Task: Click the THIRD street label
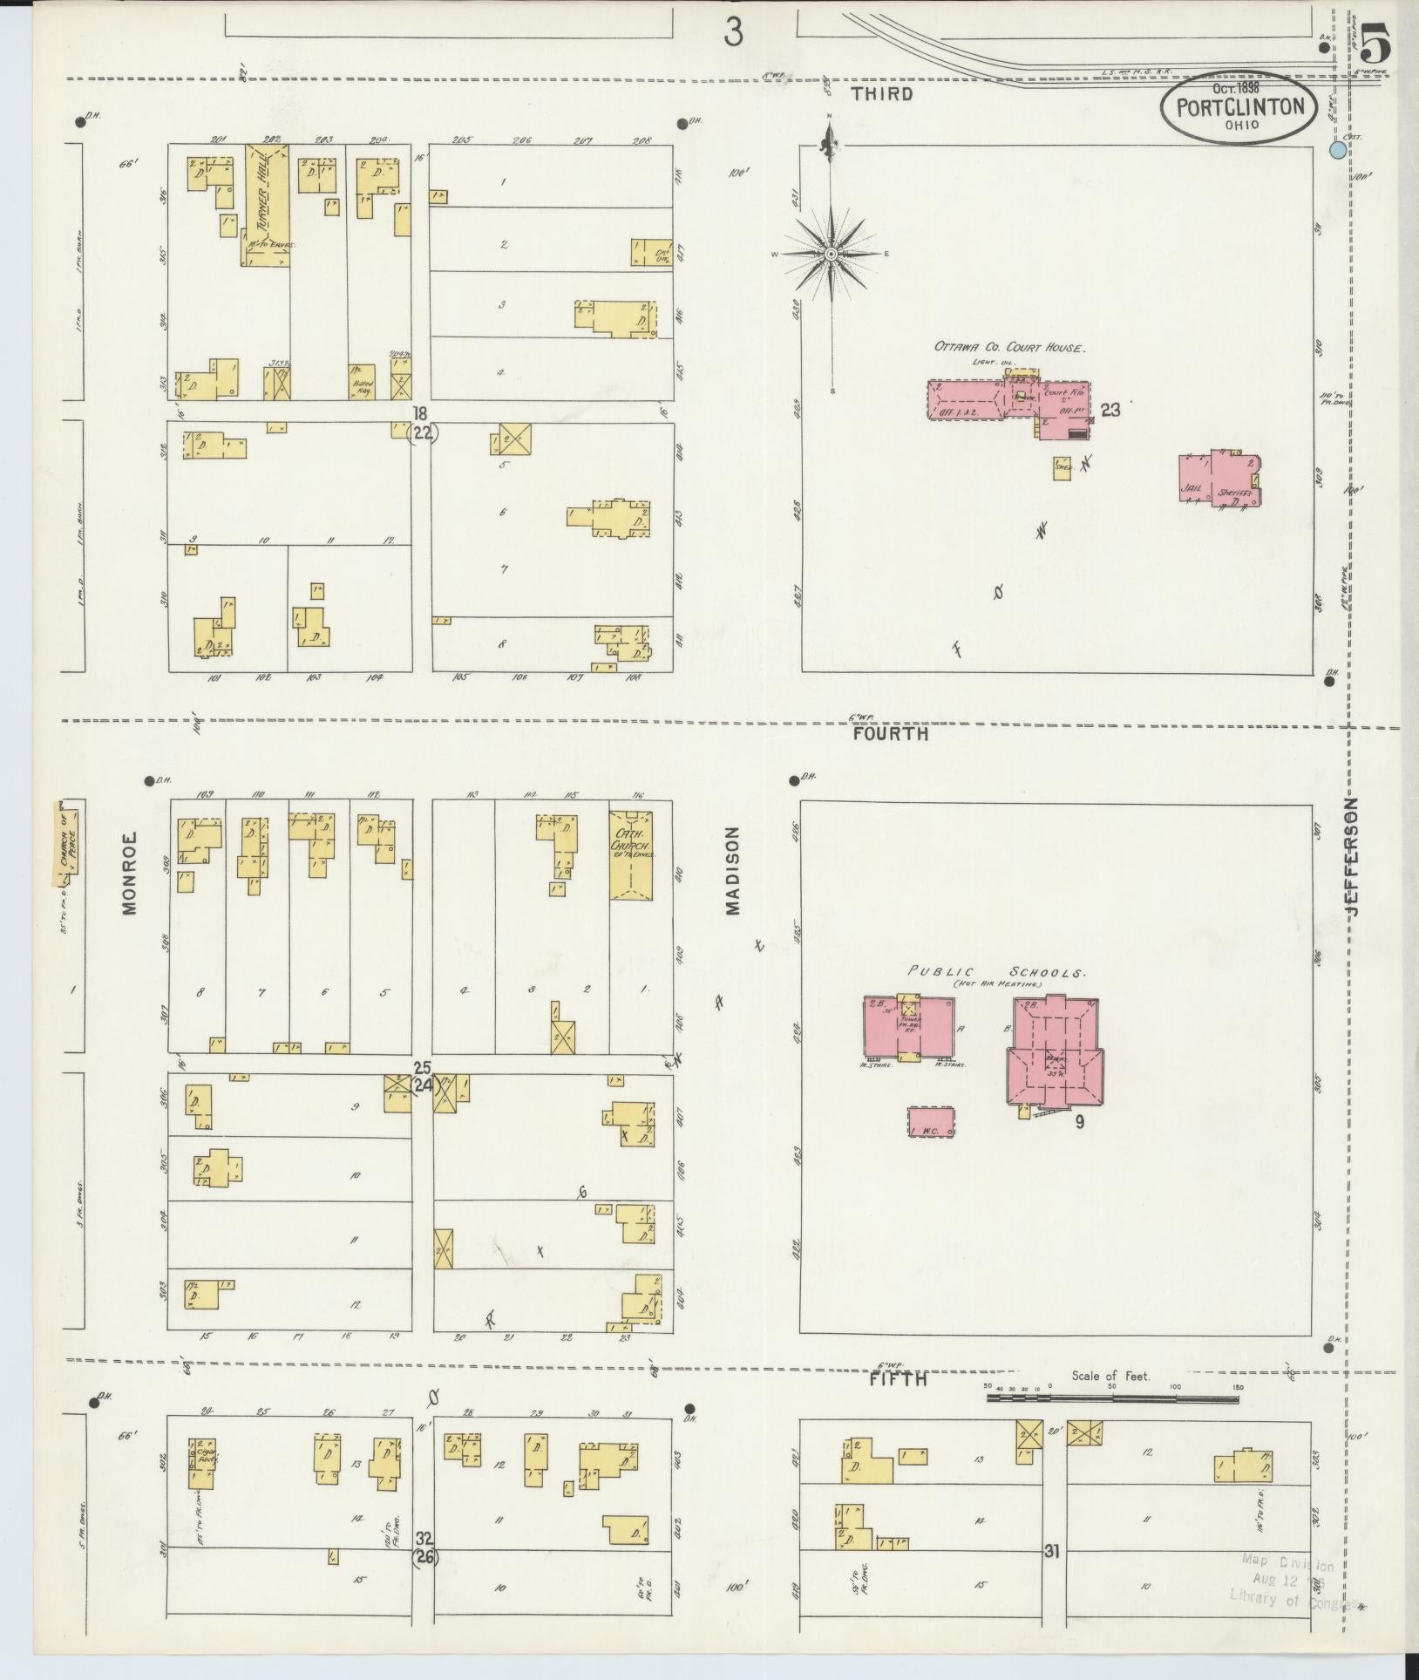[x=882, y=94]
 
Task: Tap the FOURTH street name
[x=890, y=734]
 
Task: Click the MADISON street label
[x=732, y=871]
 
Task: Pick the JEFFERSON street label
[x=1352, y=857]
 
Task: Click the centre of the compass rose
[x=832, y=254]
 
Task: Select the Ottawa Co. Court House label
[x=1009, y=347]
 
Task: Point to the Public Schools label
[x=998, y=972]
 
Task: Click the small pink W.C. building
[x=931, y=1122]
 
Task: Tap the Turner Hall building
[x=266, y=205]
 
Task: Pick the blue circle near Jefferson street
[x=1338, y=150]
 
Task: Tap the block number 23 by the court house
[x=1110, y=409]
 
